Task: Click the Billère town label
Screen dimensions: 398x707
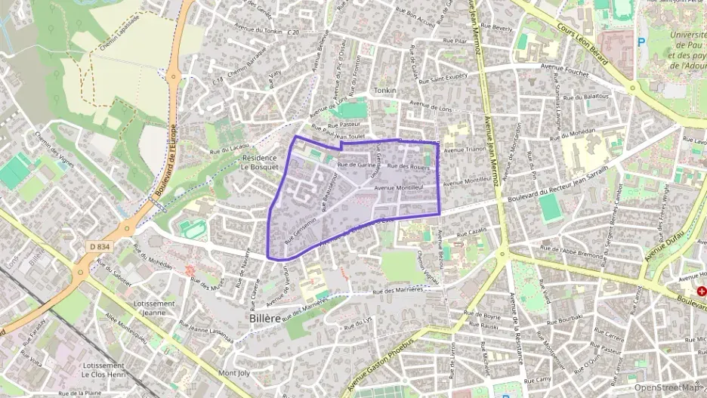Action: (x=264, y=318)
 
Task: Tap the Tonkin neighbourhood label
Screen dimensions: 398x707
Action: (x=384, y=90)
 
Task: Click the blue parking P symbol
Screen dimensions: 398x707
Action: (x=641, y=42)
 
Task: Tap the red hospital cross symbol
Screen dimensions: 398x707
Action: (x=702, y=291)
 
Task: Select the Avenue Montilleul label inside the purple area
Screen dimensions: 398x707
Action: (x=397, y=187)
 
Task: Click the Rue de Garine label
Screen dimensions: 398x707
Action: (x=357, y=164)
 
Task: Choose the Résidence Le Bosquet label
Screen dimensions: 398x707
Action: (x=260, y=162)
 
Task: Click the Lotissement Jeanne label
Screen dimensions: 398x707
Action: (x=154, y=307)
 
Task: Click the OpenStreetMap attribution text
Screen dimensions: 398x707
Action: (x=666, y=387)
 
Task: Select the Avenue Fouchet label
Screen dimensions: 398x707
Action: (x=566, y=66)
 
